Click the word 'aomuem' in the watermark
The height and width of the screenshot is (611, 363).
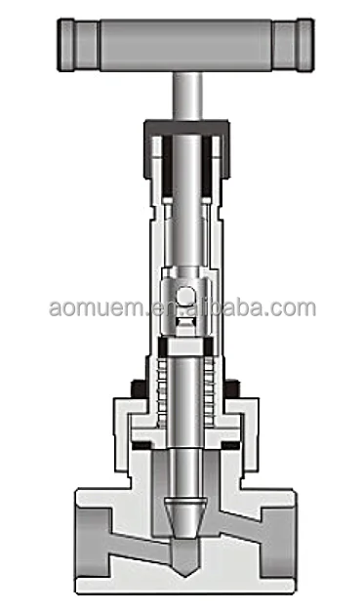click(92, 308)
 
